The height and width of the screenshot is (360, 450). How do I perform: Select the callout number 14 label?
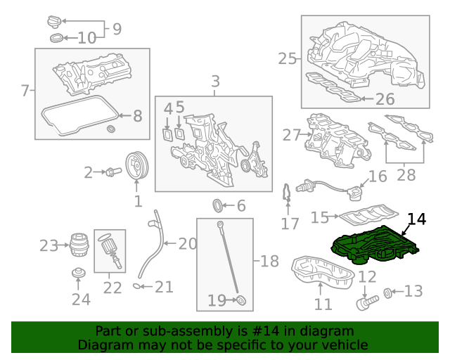click(x=416, y=219)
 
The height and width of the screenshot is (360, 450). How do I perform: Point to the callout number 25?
click(x=287, y=58)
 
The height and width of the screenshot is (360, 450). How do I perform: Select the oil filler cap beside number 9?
click(x=56, y=20)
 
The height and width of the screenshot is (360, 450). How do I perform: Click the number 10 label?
click(x=86, y=38)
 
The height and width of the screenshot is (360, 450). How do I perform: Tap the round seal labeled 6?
click(x=219, y=206)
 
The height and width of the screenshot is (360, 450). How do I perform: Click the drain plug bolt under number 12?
click(x=365, y=303)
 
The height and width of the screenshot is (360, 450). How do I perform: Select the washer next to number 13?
click(x=388, y=292)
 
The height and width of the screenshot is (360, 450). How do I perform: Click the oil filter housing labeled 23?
click(x=79, y=245)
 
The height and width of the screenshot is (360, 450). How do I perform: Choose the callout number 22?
click(x=112, y=288)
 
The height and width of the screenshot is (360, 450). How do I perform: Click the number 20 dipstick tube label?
click(x=187, y=244)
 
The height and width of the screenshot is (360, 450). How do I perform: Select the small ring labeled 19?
click(x=241, y=301)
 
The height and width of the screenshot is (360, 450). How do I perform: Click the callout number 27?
click(x=291, y=134)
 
